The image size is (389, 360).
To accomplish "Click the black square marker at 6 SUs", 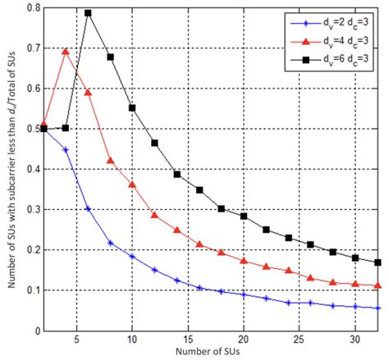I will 88,13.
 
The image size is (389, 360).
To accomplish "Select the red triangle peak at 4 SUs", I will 66,52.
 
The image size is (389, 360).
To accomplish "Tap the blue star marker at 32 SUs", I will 377,308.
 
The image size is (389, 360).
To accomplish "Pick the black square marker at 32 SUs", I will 377,262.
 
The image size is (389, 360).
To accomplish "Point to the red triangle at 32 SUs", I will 377,285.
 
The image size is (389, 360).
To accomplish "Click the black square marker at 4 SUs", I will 66,128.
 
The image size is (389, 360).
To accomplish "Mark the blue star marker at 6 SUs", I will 88,209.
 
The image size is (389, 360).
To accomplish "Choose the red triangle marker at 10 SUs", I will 132,185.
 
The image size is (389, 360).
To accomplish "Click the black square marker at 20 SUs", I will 244,216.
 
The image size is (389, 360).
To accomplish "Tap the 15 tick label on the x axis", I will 187,339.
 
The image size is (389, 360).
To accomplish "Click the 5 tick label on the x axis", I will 76,339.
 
